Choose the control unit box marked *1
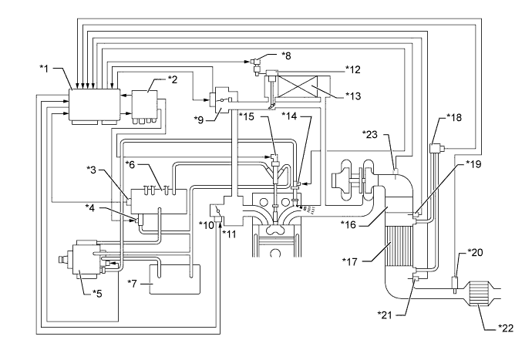(x=93, y=106)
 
